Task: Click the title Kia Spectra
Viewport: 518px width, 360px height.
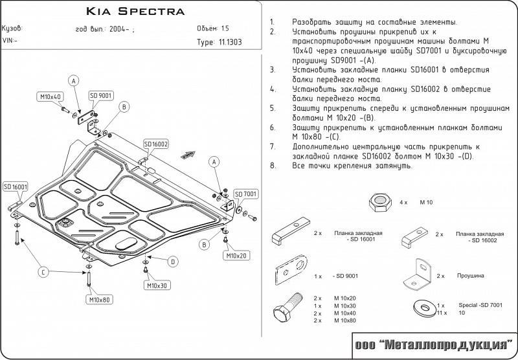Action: pyautogui.click(x=135, y=12)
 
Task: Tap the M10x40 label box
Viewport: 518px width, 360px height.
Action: pyautogui.click(x=50, y=97)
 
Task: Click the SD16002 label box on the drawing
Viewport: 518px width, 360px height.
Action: pyautogui.click(x=156, y=144)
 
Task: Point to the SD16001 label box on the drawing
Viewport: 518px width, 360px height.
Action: pyautogui.click(x=15, y=186)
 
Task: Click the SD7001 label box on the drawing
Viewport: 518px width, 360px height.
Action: pyautogui.click(x=246, y=194)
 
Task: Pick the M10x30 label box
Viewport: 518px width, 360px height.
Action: pyautogui.click(x=157, y=286)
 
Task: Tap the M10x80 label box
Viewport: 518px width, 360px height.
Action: pyautogui.click(x=98, y=299)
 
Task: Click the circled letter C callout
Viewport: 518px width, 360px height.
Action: pyautogui.click(x=43, y=271)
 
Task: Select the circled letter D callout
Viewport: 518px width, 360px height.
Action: pyautogui.click(x=173, y=262)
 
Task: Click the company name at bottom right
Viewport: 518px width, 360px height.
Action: pyautogui.click(x=433, y=344)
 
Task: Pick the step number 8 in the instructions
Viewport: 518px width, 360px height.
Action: pyautogui.click(x=273, y=166)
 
